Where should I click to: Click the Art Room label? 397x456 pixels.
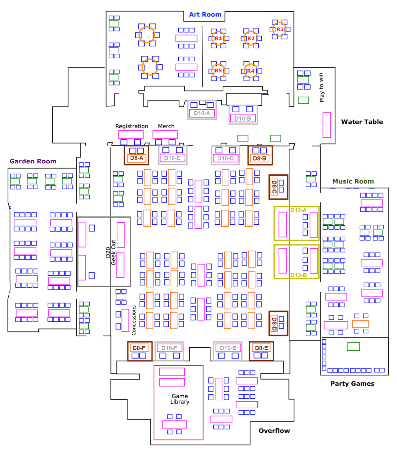point(205,15)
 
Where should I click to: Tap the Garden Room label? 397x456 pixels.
point(33,161)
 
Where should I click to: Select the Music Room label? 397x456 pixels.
point(353,181)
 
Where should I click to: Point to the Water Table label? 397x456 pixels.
point(362,122)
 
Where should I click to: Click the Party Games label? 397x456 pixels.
point(352,384)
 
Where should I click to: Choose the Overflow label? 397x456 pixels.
point(274,431)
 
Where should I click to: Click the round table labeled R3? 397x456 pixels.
point(280,29)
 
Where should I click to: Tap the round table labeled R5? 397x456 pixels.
point(218,71)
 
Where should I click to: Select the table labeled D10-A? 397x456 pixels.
point(202,113)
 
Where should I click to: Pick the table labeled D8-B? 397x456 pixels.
point(260,158)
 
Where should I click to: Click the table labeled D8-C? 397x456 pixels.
point(274,187)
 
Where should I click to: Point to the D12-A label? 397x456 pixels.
point(298,210)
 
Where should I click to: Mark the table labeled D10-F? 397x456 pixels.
point(169,348)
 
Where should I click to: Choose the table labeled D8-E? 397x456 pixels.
point(261,348)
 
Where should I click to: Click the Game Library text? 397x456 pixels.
point(180,399)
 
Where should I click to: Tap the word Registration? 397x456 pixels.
point(132,126)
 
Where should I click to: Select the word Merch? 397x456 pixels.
point(166,126)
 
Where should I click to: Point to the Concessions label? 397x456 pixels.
point(134,320)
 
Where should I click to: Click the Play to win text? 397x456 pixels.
point(321,87)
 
